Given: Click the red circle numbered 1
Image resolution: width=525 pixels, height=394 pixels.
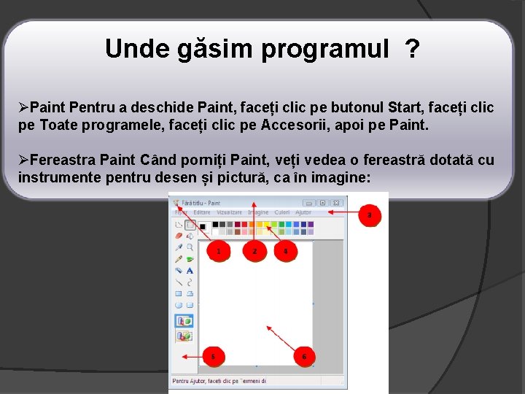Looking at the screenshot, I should [219, 252].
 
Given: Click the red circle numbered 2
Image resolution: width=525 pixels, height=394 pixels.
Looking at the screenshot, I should [254, 252].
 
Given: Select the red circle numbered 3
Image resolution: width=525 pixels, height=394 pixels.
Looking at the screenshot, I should [370, 215].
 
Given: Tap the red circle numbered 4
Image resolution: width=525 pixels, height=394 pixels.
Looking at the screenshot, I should [285, 252].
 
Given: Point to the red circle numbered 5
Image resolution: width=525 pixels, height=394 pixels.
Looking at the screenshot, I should [213, 357].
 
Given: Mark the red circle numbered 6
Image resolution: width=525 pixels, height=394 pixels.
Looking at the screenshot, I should [304, 357].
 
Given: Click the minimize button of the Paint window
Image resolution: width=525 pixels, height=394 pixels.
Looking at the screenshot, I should [309, 203].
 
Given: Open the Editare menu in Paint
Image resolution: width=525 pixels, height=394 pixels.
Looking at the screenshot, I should [201, 212].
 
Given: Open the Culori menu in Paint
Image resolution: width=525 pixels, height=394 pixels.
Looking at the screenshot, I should [281, 212].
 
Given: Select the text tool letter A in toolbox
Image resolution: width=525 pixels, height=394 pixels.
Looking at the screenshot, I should [190, 270].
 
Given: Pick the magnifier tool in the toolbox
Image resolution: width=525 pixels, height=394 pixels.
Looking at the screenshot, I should [190, 247].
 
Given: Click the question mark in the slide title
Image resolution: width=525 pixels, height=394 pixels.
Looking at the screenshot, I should [413, 50].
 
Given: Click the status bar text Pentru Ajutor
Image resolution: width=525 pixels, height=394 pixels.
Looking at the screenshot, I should [190, 380].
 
